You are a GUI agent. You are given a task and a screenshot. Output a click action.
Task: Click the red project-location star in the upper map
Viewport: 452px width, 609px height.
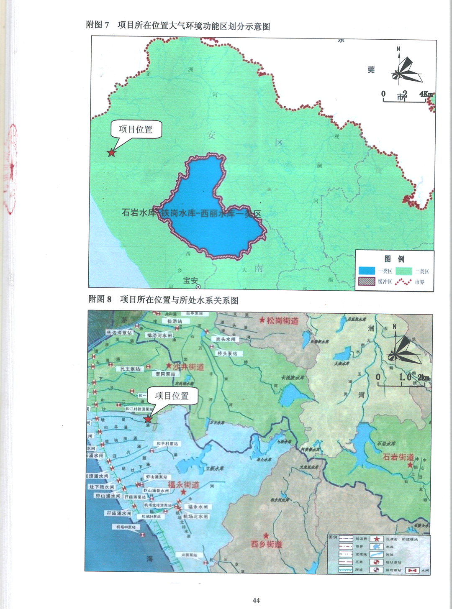111,153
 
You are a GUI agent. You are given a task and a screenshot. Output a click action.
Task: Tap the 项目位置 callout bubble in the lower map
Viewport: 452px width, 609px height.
172,396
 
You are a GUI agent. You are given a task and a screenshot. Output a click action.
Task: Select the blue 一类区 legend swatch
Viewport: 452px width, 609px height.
367,271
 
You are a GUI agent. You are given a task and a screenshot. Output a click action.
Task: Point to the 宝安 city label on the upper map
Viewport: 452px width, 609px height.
190,280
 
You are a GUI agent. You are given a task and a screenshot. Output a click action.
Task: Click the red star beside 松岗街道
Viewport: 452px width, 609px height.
262,320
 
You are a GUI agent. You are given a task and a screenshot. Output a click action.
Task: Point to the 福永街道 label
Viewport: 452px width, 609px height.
183,485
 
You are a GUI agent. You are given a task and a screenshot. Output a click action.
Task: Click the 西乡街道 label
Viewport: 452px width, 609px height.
267,544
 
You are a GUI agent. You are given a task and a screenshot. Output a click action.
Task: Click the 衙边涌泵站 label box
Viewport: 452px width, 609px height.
119,333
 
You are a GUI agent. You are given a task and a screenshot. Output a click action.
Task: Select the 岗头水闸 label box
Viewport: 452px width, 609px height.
226,339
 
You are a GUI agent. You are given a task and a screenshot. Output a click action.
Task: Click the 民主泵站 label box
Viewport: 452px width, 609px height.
130,369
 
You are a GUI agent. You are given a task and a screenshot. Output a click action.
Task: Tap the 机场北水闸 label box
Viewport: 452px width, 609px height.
195,517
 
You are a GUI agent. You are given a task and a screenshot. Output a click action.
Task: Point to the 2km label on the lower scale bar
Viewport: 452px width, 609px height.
424,377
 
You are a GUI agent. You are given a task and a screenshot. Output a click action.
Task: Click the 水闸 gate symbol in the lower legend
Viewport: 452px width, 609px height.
413,571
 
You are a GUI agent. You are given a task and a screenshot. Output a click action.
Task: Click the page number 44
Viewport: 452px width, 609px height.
256,600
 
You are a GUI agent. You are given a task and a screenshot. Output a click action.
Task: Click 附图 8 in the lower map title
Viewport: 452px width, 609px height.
100,299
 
